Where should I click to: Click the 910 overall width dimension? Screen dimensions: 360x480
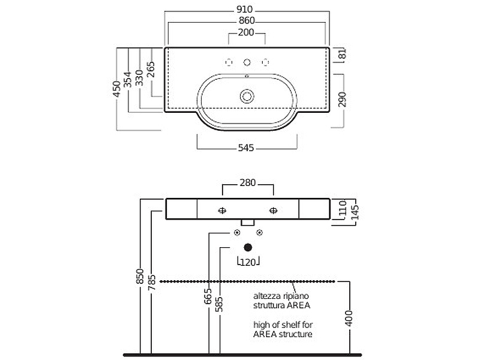click(246, 10)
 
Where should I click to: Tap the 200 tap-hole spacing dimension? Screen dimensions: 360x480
click(246, 32)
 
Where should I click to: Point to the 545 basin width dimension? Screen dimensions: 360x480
click(247, 148)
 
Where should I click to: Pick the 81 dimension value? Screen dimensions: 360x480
click(342, 55)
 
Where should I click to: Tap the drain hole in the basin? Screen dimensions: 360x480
click(247, 96)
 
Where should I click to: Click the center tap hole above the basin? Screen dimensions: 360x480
click(247, 62)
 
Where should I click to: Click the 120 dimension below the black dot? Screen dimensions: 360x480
click(247, 261)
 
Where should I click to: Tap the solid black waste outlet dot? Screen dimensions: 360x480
click(248, 247)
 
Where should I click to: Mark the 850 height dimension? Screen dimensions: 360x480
click(140, 276)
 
